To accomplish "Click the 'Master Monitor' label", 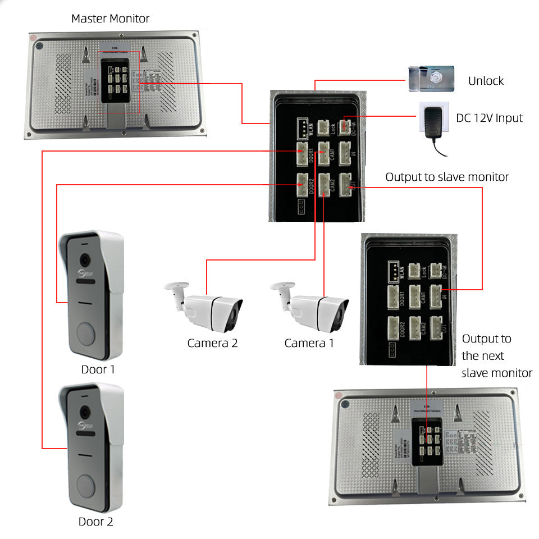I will click(110, 19).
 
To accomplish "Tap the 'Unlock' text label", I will click(486, 81).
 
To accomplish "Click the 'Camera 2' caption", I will click(212, 343).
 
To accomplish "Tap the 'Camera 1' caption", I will click(309, 343).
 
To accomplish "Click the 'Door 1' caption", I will click(98, 370).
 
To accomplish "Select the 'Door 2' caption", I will click(95, 522).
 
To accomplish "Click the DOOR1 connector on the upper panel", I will click(303, 153).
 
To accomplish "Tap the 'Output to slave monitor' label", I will click(447, 177).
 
